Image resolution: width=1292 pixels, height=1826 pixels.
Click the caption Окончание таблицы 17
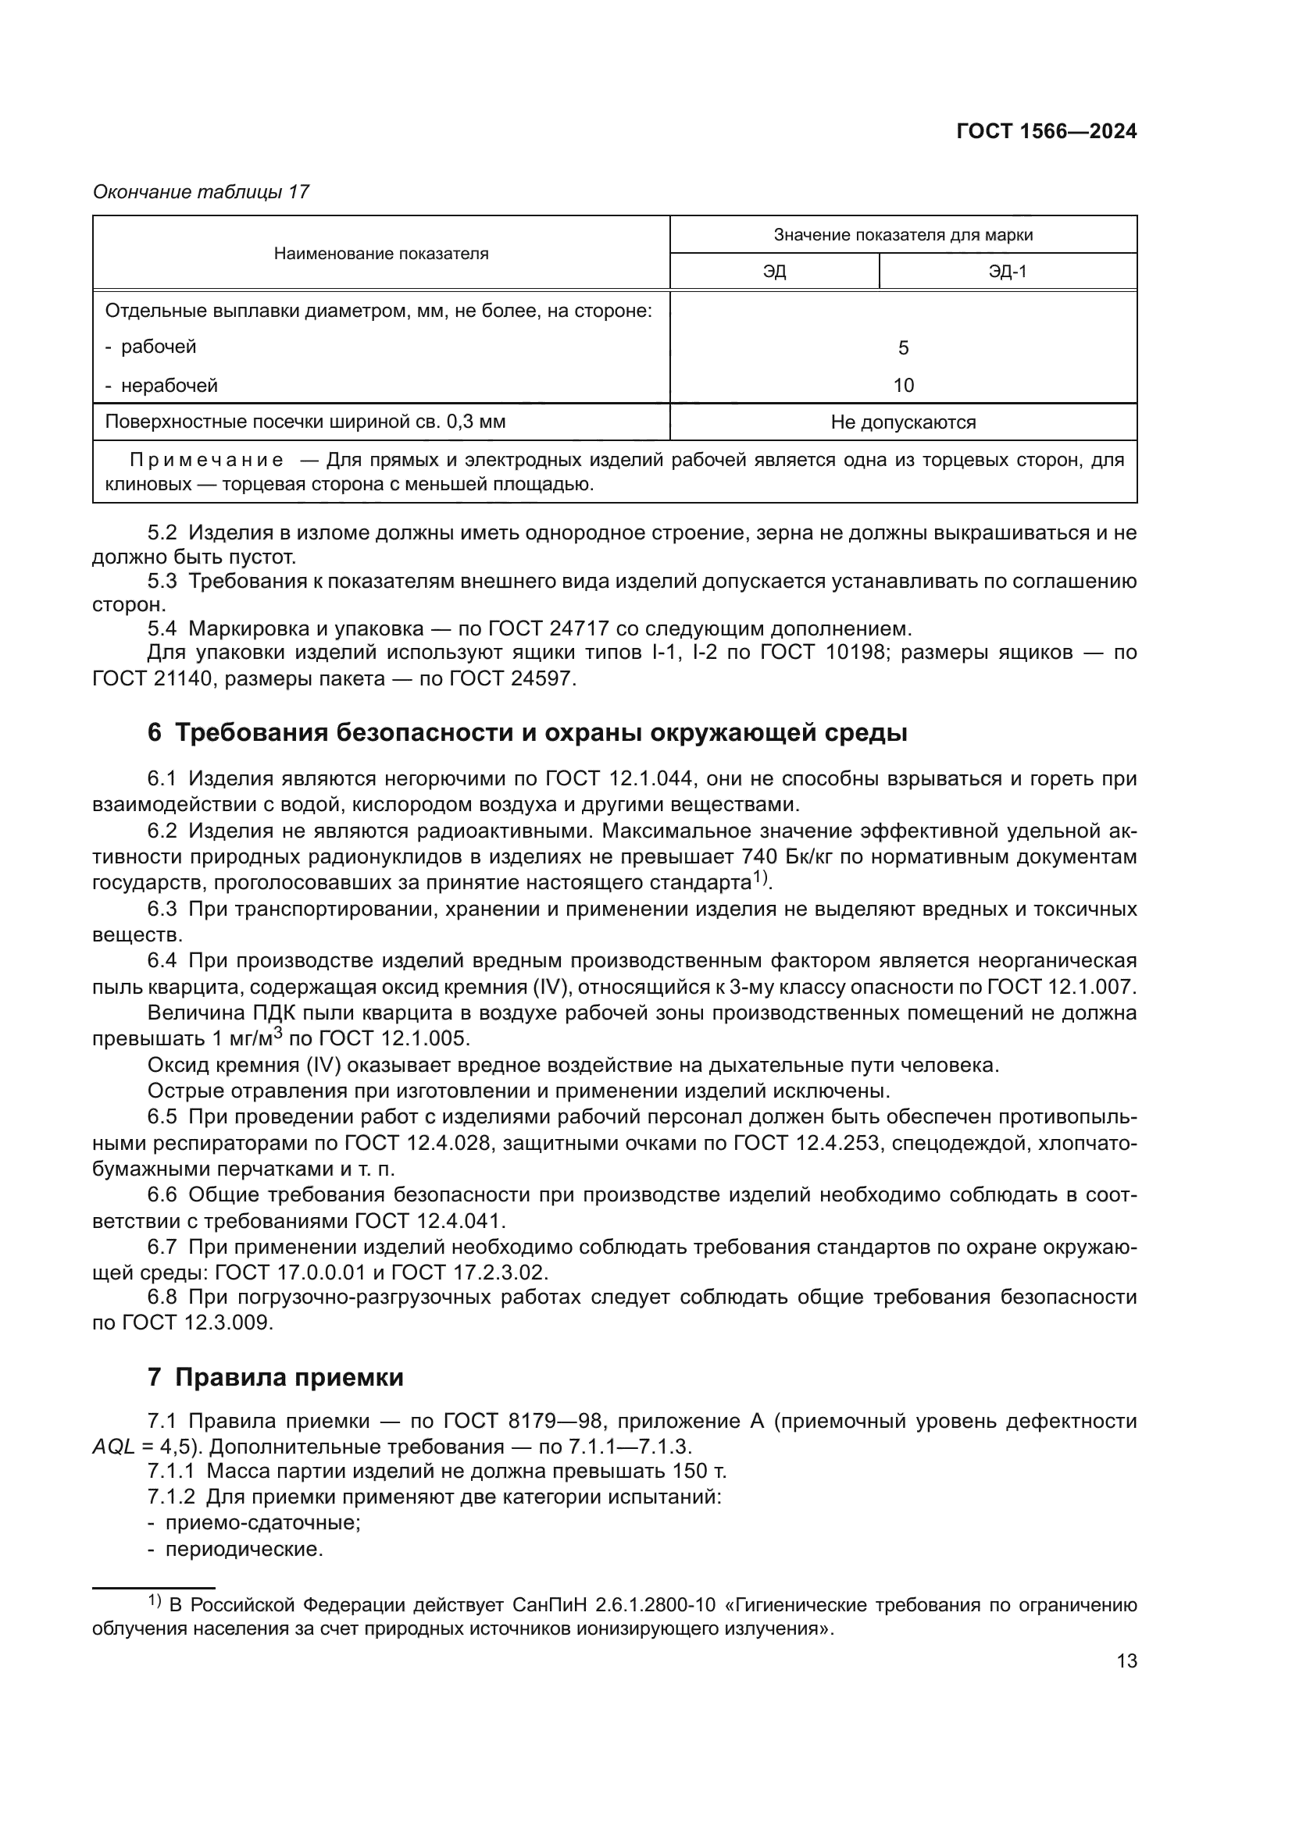point(201,192)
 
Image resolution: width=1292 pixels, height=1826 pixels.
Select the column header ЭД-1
point(1007,272)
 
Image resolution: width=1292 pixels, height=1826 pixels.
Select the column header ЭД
point(774,272)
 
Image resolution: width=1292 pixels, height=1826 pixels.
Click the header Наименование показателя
point(381,254)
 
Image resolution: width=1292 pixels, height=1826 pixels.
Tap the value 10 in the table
point(903,386)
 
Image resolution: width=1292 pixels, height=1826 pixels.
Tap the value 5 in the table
point(903,347)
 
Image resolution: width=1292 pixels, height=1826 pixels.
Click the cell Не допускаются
point(903,422)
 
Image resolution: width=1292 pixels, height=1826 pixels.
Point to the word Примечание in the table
point(207,461)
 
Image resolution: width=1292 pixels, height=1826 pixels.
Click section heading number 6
point(155,732)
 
